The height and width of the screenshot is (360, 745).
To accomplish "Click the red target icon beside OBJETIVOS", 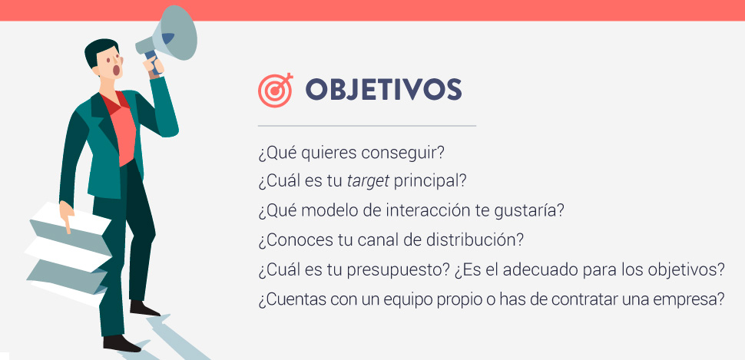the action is click(x=275, y=91).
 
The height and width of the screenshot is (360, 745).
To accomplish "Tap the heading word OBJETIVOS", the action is click(x=383, y=89).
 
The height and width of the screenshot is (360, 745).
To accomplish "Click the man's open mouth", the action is click(x=117, y=71).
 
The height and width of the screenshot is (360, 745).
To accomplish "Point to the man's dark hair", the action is click(x=99, y=49).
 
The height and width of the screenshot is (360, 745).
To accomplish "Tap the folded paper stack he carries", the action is click(x=69, y=251).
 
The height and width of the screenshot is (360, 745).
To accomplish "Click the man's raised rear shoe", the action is click(x=144, y=309).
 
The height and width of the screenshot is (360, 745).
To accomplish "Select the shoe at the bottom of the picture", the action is click(x=121, y=343).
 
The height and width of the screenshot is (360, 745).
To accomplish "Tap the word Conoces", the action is click(x=291, y=240).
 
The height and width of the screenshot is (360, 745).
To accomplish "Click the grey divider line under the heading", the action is click(x=367, y=126).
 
